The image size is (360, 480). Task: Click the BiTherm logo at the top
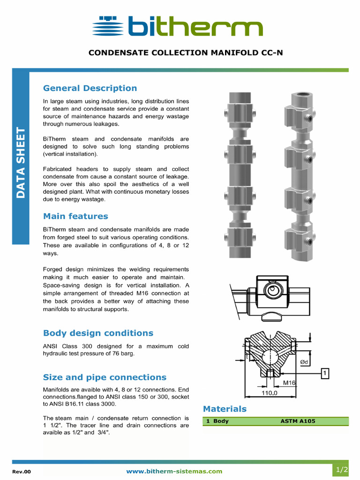(178, 26)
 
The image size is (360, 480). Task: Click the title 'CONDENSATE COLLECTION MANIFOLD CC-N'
(186, 52)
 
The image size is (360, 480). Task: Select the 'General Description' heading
(90, 88)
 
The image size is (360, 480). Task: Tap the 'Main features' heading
(75, 216)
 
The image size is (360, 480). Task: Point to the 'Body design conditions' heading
(98, 333)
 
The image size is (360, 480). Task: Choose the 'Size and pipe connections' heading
(105, 377)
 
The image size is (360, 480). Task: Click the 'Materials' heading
(225, 409)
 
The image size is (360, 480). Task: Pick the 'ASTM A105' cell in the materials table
(298, 421)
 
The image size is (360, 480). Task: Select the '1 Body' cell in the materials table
(217, 421)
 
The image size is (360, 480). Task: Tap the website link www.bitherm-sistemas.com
(174, 471)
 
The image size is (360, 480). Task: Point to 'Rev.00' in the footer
(21, 472)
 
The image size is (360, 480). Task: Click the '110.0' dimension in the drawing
(270, 393)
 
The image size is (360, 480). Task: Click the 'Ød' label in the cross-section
(304, 361)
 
